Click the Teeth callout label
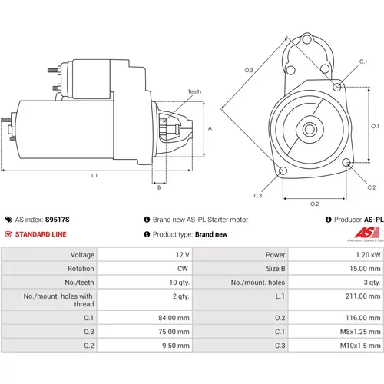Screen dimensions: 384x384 coord(194,91)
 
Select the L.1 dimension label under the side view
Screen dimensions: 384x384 coord(94,176)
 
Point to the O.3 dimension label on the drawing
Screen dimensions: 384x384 coord(249,70)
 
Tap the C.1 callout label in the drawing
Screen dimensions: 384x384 coord(363,61)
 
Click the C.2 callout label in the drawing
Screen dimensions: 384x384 coord(372,187)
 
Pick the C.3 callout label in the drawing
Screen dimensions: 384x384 coord(258,195)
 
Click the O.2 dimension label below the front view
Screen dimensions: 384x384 coord(315,204)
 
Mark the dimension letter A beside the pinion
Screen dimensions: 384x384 coord(210,128)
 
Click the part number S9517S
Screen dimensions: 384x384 coord(58,220)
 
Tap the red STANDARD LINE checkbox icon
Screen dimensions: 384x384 coord(8,234)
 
